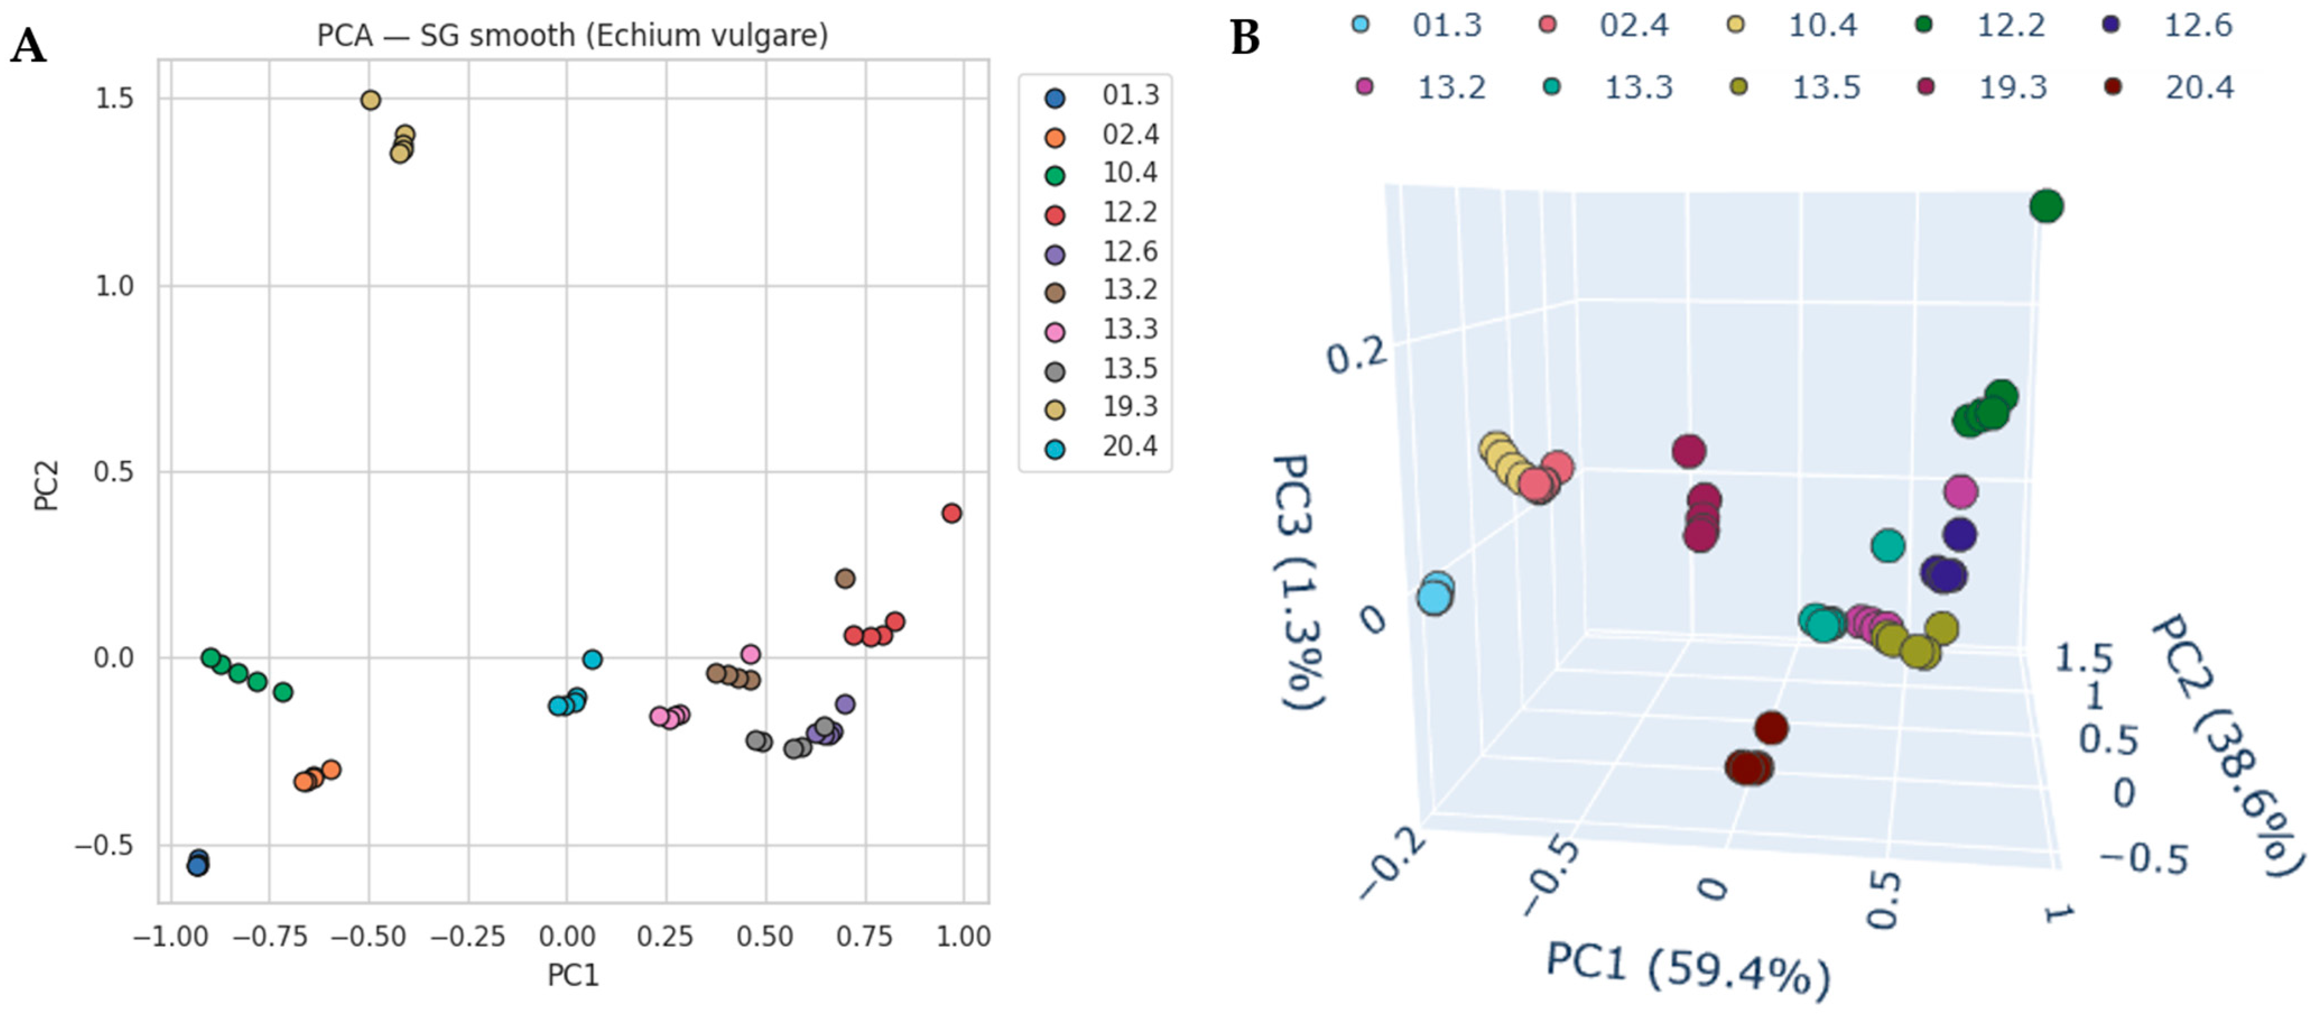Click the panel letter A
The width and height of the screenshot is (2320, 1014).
pyautogui.click(x=28, y=45)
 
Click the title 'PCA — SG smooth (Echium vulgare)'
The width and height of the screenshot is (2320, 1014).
pyautogui.click(x=572, y=36)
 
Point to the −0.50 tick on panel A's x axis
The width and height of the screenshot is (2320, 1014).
pyautogui.click(x=368, y=937)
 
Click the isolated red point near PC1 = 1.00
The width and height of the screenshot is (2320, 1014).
pyautogui.click(x=951, y=513)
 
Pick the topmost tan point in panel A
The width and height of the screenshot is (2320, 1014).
pyautogui.click(x=370, y=100)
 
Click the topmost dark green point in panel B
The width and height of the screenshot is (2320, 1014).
pyautogui.click(x=2046, y=206)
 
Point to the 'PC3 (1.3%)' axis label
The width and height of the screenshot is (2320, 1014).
pyautogui.click(x=1297, y=581)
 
